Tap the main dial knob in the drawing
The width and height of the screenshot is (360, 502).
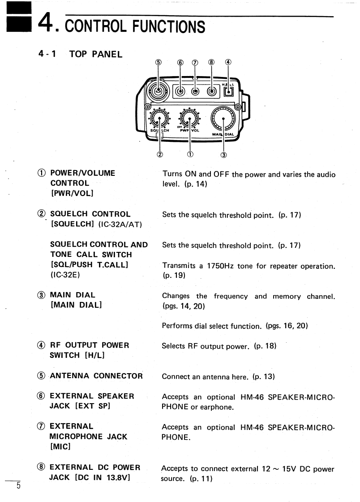pos(223,119)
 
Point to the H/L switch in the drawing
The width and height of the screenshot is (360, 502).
pos(228,92)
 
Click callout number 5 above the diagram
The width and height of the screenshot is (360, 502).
pos(158,63)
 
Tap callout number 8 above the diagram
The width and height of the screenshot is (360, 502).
pos(212,63)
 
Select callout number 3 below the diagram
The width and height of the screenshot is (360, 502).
pos(224,155)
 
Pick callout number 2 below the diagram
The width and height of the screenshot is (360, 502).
pos(160,155)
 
